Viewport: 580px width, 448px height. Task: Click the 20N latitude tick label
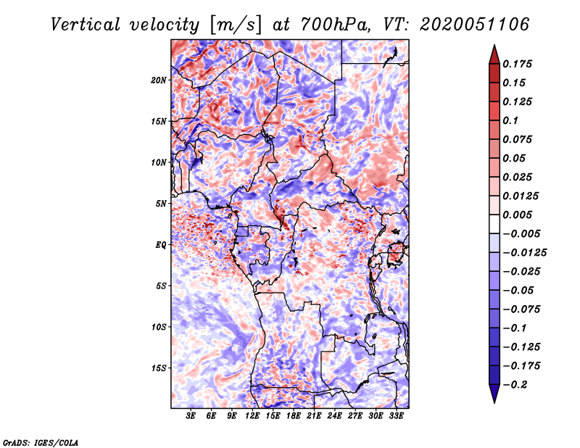(159, 80)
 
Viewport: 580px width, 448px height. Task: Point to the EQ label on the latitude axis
(161, 245)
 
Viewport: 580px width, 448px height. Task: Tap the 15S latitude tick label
(159, 368)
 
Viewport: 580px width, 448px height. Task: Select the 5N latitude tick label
(161, 204)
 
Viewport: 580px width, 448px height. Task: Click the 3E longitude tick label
(191, 416)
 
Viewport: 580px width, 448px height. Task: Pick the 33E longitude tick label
(396, 416)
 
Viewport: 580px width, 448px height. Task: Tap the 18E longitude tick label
(294, 416)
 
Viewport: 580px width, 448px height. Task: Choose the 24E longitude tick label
(335, 416)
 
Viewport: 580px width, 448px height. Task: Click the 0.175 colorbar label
(517, 64)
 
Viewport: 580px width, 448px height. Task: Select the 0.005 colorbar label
(517, 215)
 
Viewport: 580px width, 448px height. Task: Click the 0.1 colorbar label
(510, 120)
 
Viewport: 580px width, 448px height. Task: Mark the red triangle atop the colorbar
(494, 54)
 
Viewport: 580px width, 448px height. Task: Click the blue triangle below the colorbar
(494, 394)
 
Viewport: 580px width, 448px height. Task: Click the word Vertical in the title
(86, 25)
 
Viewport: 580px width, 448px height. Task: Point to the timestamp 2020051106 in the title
(474, 25)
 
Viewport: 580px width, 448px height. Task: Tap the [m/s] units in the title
(236, 25)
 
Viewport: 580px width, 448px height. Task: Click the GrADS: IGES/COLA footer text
(41, 442)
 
